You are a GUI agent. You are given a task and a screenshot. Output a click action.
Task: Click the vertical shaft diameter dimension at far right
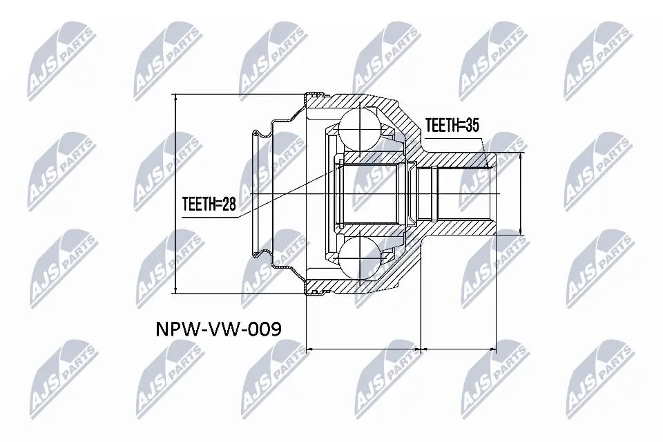click(519, 193)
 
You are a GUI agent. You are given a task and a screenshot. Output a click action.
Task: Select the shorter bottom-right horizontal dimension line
click(458, 349)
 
